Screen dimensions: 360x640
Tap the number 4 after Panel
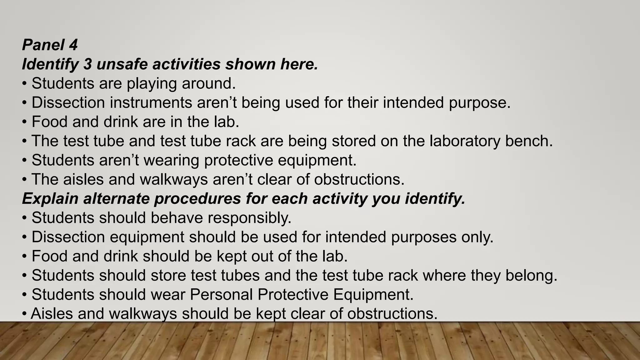(73, 45)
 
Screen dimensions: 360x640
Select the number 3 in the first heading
(87, 64)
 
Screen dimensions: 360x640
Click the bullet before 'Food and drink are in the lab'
(24, 122)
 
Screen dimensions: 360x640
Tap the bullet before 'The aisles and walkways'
(24, 180)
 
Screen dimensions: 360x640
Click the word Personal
(221, 295)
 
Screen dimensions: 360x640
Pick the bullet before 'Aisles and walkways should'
(24, 314)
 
